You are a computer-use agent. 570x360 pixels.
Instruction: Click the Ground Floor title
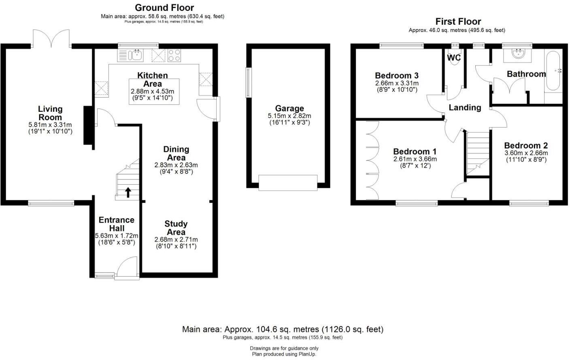(164, 8)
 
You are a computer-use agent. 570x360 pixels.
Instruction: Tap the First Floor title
(458, 21)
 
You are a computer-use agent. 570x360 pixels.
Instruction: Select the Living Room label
(50, 113)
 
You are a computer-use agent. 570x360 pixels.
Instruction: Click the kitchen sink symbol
(135, 55)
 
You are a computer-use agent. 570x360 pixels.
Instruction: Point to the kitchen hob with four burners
(174, 55)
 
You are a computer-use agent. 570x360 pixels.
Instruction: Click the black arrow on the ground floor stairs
(128, 192)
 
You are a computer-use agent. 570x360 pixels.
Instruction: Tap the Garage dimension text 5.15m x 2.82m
(289, 116)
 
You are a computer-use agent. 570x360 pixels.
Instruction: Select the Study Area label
(176, 228)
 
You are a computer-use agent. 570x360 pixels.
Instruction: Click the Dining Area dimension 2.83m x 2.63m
(176, 165)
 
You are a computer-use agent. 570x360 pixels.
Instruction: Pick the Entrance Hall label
(117, 224)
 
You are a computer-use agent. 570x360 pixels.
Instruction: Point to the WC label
(454, 58)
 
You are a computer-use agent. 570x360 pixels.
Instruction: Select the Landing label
(465, 107)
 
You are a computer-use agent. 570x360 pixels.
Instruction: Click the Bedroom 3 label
(397, 75)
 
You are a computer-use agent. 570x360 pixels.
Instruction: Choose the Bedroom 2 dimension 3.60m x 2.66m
(526, 153)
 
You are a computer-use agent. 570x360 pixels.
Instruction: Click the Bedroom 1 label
(415, 151)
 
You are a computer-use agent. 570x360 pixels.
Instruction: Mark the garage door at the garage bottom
(288, 183)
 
